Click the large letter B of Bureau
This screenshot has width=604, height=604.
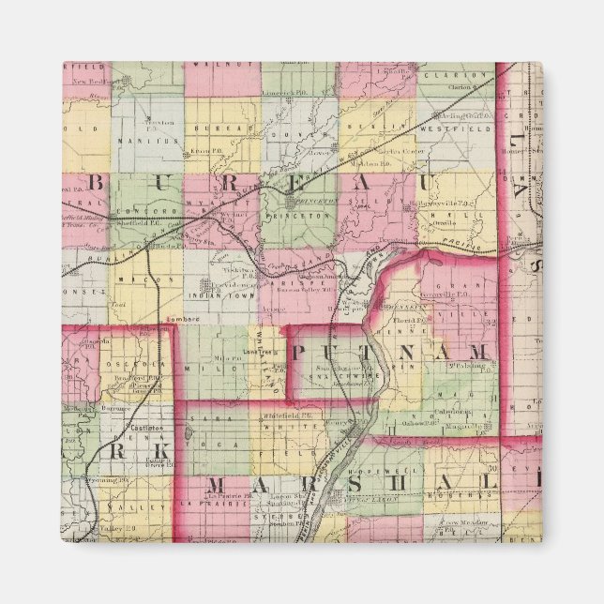tap(96, 180)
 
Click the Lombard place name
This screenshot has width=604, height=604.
tap(179, 321)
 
